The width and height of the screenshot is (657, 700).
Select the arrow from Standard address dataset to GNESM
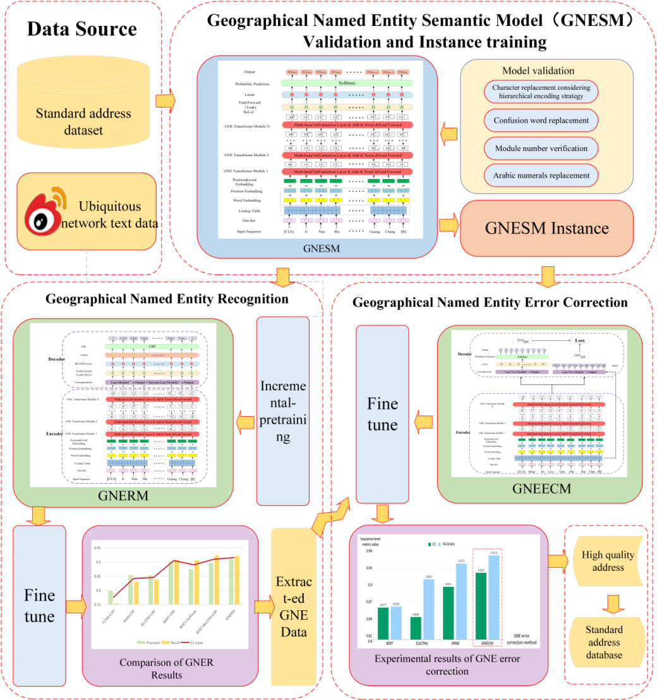165,100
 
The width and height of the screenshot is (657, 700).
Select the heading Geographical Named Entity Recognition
167,298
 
